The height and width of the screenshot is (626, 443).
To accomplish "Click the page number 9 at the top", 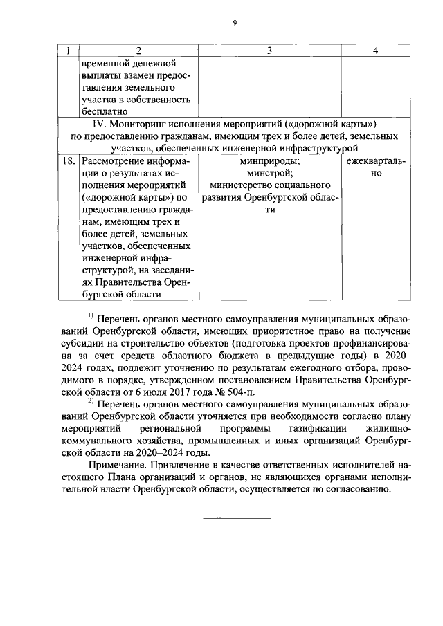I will point(235,23).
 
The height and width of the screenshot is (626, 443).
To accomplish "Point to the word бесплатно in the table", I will point(104,111).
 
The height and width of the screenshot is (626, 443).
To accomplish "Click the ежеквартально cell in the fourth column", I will point(376,167).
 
